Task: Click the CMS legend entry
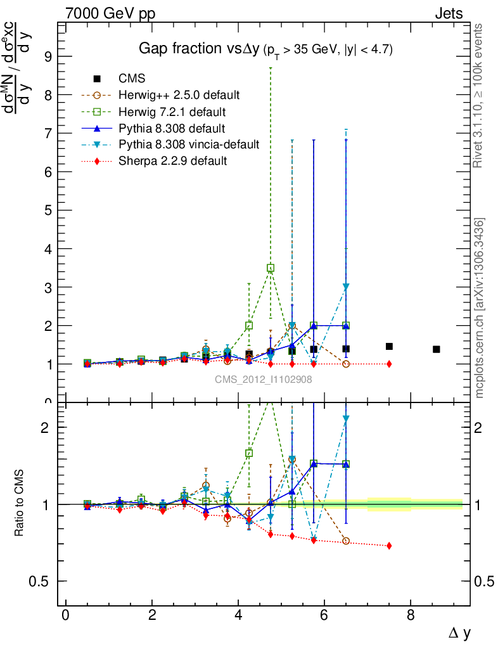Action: (132, 79)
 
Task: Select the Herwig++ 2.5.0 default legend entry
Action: (179, 95)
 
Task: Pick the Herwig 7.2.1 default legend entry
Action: (172, 112)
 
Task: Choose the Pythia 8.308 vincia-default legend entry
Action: (189, 145)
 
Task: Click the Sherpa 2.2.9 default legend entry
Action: (172, 161)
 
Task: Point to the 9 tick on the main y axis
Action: (46, 56)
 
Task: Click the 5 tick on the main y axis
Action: (46, 210)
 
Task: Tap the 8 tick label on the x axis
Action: (411, 615)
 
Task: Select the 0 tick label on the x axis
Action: (66, 615)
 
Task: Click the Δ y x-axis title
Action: (459, 632)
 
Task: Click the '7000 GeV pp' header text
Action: (110, 13)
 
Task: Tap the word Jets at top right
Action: (449, 13)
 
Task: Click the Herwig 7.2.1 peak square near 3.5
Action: (271, 268)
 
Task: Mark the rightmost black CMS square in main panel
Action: (437, 349)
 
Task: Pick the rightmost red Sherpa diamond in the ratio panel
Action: (389, 546)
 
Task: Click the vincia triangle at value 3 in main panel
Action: (346, 287)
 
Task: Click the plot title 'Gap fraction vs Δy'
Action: (196, 49)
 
